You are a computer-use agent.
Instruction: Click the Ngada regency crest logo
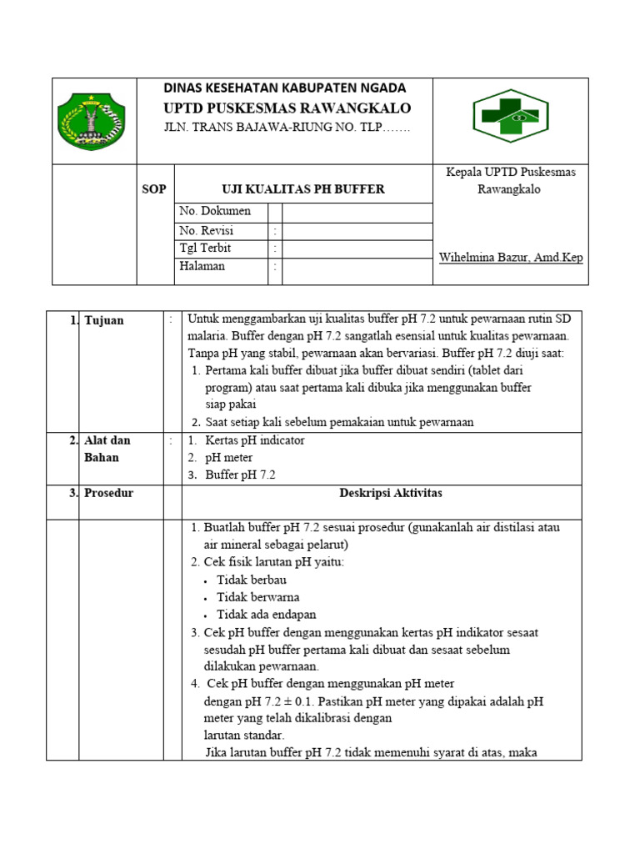(91, 122)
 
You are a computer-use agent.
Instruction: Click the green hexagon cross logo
(510, 117)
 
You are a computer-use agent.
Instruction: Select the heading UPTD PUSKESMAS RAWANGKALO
(287, 108)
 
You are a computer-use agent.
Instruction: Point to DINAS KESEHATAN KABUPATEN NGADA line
(284, 88)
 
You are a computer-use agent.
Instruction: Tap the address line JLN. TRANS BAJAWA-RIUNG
(287, 128)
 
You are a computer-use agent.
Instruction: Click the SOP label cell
(154, 189)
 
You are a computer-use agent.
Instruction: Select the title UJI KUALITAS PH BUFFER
(302, 189)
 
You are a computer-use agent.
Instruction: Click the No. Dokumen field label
(215, 211)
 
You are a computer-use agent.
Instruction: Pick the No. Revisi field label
(207, 230)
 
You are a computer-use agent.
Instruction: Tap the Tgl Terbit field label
(205, 249)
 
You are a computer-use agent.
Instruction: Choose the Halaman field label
(202, 267)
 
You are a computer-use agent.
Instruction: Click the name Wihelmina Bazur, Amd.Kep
(511, 258)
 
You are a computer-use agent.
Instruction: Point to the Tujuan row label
(103, 320)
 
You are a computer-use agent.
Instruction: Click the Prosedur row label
(108, 493)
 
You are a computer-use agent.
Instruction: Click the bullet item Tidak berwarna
(258, 597)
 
